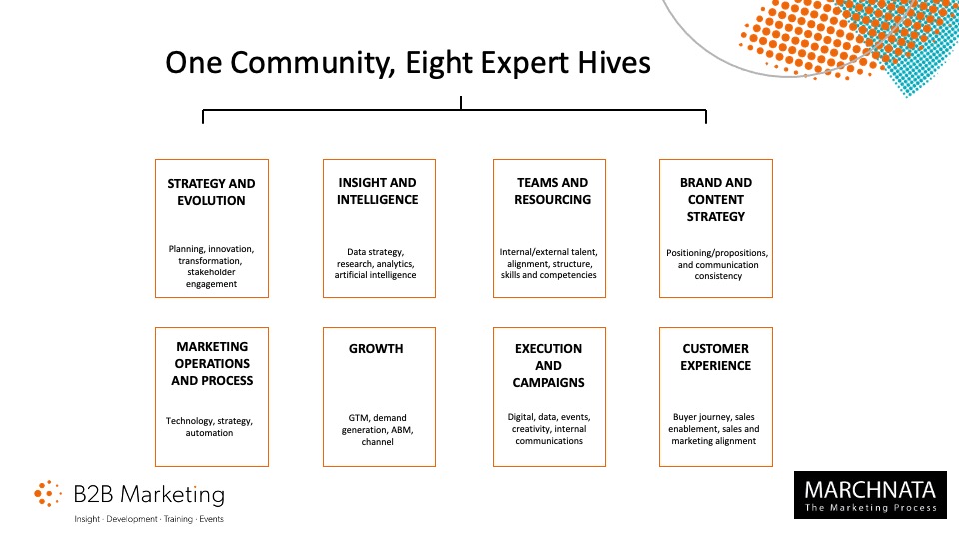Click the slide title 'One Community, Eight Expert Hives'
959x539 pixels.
point(408,63)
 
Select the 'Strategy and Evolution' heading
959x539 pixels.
point(211,192)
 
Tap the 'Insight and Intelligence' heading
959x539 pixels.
point(377,191)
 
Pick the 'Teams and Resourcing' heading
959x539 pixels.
point(552,191)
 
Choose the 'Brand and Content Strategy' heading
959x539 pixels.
point(716,200)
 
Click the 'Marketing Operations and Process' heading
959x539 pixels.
point(212,363)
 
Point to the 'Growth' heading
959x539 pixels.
point(376,349)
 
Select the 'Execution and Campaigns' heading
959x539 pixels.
point(548,365)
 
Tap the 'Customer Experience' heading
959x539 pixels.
point(715,357)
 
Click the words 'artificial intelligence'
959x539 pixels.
point(375,275)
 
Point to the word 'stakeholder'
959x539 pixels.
point(211,272)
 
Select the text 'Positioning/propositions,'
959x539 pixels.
point(717,253)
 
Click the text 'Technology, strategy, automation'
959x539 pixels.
point(209,426)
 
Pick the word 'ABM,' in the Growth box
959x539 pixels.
point(402,429)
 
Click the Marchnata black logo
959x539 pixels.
point(870,495)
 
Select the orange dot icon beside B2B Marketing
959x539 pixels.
point(48,493)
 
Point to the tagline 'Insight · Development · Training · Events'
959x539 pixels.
point(149,519)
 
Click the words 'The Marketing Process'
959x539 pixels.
point(871,508)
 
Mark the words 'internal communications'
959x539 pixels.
point(549,435)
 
